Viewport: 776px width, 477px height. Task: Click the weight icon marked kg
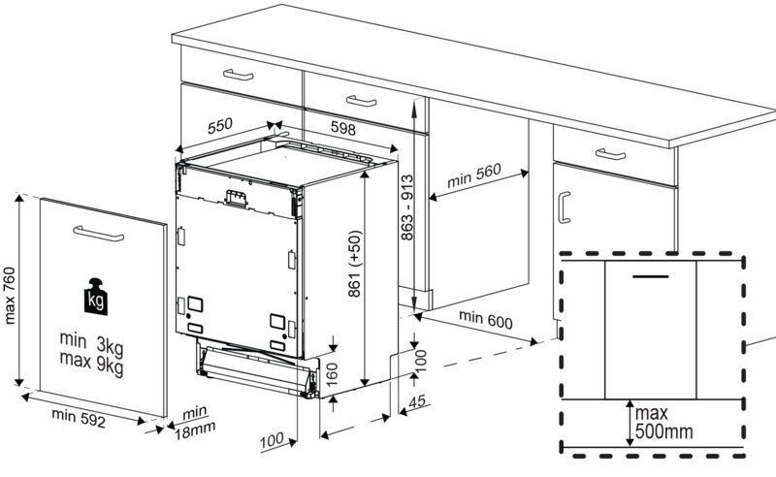(x=96, y=297)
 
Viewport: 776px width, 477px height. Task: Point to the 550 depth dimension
(x=220, y=126)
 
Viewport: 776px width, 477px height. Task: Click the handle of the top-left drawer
(x=238, y=75)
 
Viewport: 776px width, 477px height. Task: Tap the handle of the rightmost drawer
(x=610, y=154)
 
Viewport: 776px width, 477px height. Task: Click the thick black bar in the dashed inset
(x=655, y=274)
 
